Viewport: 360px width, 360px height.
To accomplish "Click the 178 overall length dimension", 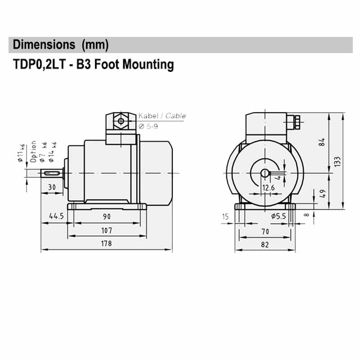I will [x=107, y=243].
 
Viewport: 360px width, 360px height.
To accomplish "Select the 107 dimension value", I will [x=107, y=230].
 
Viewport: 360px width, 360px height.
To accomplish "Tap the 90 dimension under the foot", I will [x=107, y=216].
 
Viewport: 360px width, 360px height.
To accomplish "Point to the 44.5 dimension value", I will [x=56, y=216].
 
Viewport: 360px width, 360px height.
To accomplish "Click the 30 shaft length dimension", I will [x=52, y=187].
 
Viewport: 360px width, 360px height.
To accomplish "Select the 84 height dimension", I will [x=321, y=142].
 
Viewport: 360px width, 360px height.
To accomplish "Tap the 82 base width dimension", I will [x=265, y=245].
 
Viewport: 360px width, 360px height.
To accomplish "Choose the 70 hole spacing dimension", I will [x=265, y=231].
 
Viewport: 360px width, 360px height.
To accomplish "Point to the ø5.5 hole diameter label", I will [x=279, y=216].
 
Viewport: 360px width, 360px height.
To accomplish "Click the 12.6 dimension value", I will [x=268, y=188].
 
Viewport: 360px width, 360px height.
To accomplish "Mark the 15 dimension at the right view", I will [x=225, y=216].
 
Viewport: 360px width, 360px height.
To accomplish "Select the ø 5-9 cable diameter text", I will [x=148, y=126].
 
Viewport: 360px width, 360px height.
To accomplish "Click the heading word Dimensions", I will [x=44, y=45].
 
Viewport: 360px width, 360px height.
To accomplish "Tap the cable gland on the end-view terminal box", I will [x=297, y=121].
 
